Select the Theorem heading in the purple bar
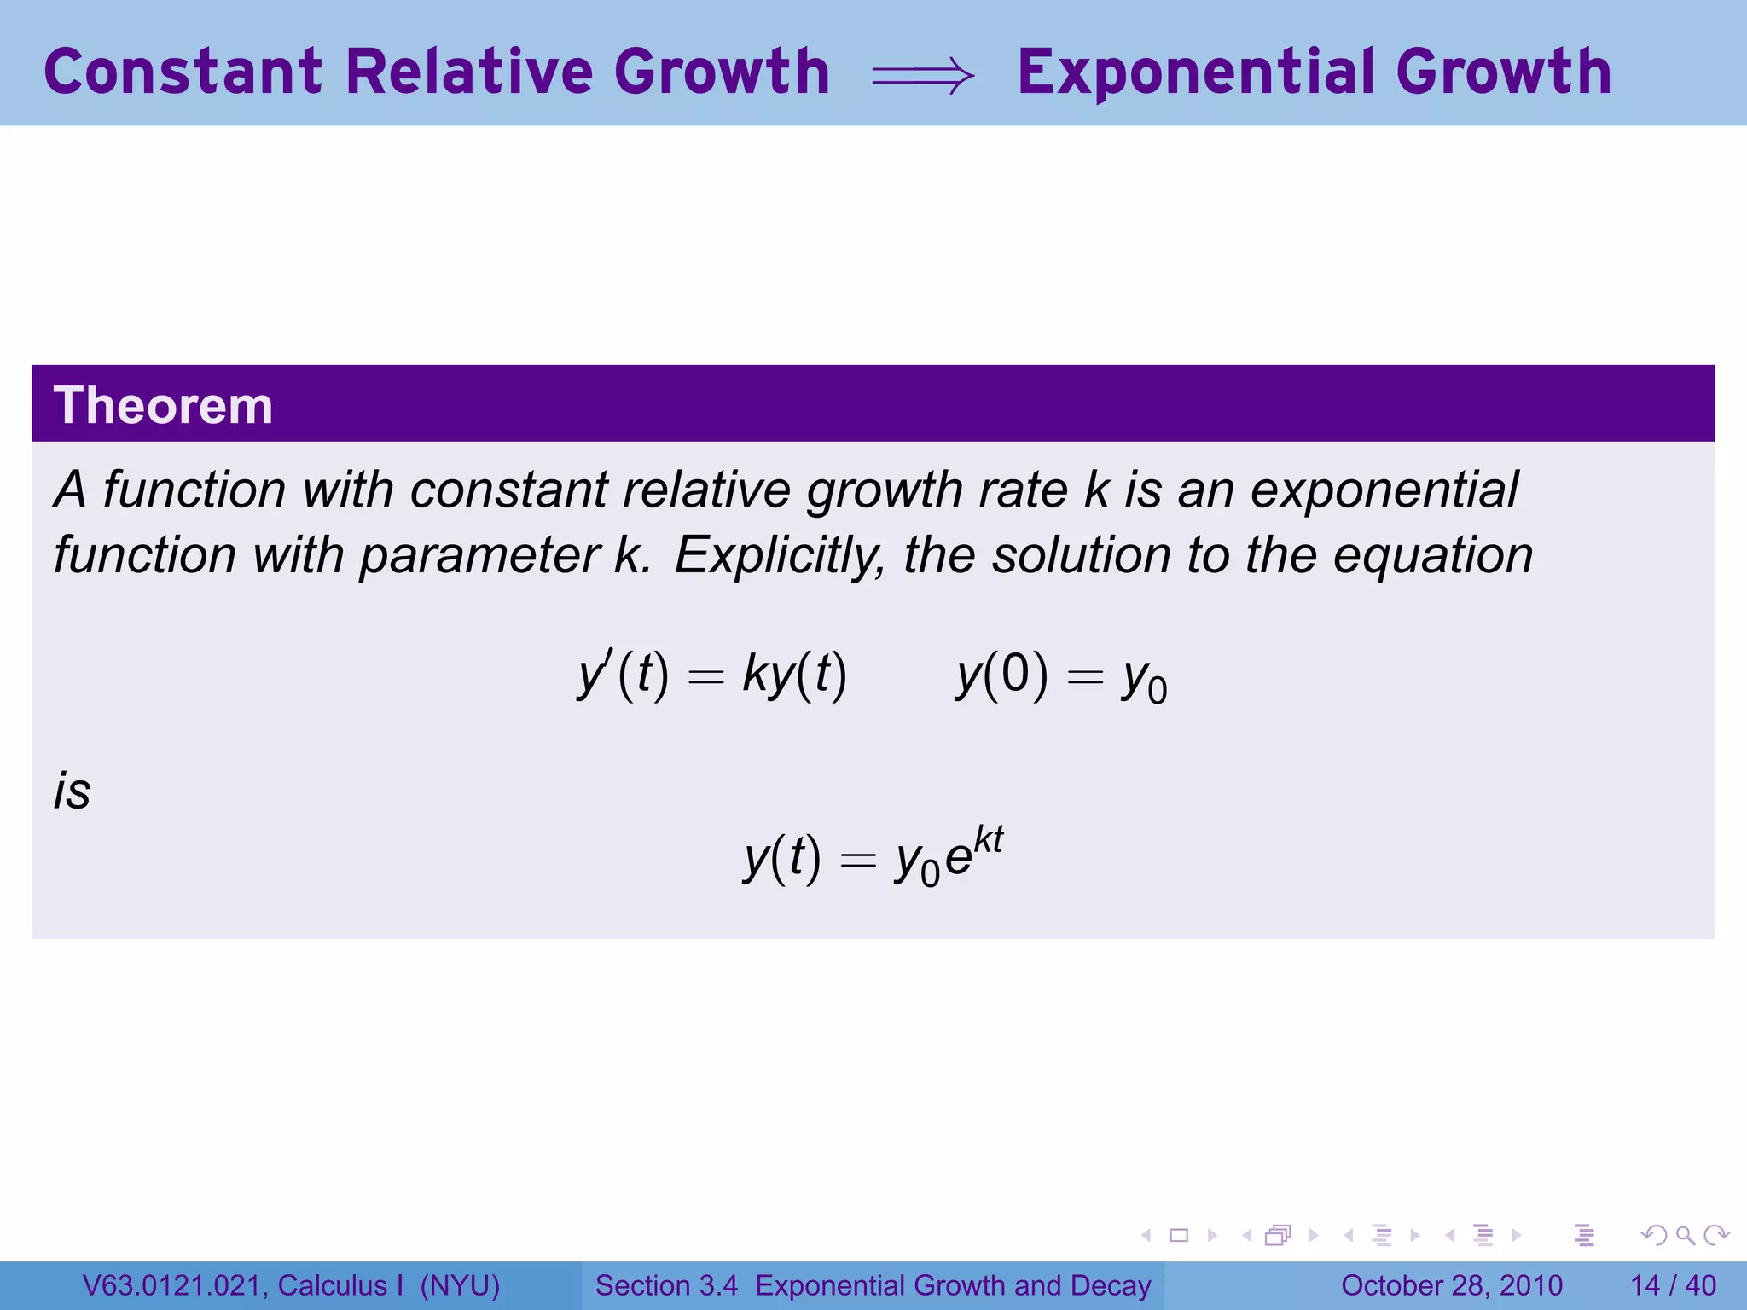tap(163, 405)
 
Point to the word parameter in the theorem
tap(480, 556)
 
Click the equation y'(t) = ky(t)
tap(712, 675)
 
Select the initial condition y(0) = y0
tap(1061, 677)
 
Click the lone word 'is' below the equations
tap(73, 791)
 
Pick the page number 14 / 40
tap(1673, 1285)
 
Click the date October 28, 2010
tap(1451, 1285)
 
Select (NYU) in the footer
tap(460, 1285)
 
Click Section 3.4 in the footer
tap(666, 1285)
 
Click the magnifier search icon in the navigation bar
tap(1685, 1235)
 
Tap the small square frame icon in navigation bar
tap(1179, 1235)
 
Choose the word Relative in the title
tap(468, 72)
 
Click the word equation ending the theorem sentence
tap(1433, 556)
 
